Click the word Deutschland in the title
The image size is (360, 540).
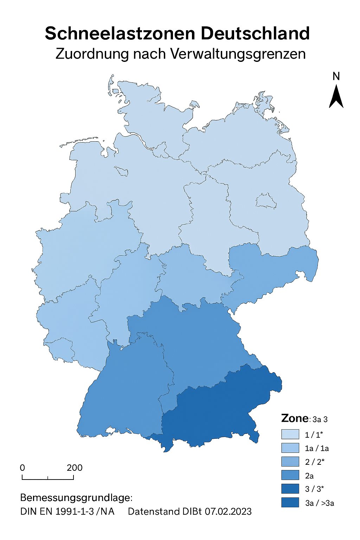click(255, 34)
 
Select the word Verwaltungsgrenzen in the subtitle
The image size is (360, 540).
click(238, 54)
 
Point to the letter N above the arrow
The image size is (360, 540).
click(336, 76)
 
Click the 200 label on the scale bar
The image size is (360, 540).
click(75, 468)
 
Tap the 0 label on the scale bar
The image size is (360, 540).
click(22, 468)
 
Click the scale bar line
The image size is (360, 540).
click(48, 479)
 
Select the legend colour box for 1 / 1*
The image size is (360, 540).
click(290, 435)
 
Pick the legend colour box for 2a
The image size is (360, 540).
click(290, 475)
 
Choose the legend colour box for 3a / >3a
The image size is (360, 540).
click(290, 502)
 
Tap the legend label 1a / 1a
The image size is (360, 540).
click(317, 448)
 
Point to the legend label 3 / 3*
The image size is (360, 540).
click(314, 489)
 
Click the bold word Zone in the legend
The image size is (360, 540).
click(295, 418)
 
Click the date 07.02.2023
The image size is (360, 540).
click(228, 512)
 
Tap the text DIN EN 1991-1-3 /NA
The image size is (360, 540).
click(67, 512)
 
